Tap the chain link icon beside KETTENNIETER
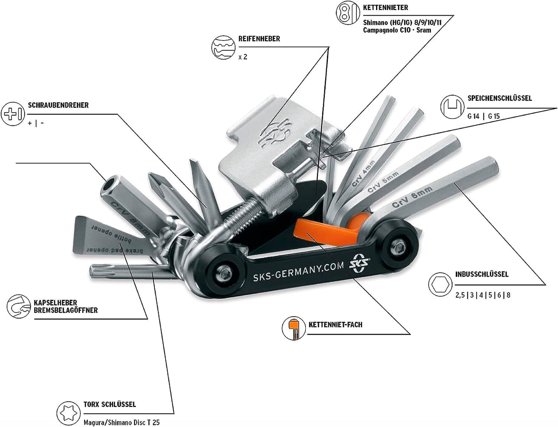[x=345, y=12]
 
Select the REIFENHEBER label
[x=259, y=39]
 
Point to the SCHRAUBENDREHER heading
[x=58, y=105]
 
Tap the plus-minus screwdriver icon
[x=13, y=114]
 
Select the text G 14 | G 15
[x=483, y=116]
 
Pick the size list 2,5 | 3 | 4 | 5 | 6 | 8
[x=483, y=295]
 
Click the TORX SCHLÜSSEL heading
[x=110, y=404]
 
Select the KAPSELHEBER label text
[x=55, y=303]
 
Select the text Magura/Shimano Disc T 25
[x=121, y=422]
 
